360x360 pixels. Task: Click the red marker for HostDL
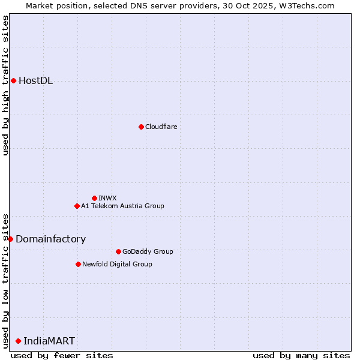[13, 81]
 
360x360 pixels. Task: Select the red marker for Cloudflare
[141, 127]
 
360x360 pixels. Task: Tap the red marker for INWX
[94, 198]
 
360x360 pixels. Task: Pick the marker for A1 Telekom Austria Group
[77, 206]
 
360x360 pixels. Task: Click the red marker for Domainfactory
[10, 239]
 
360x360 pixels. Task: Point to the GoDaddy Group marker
[118, 251]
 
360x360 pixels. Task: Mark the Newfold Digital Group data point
[78, 264]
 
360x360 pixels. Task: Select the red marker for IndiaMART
[18, 341]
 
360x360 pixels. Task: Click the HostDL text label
[36, 81]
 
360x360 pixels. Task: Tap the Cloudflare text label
[161, 127]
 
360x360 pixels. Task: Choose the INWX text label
[108, 198]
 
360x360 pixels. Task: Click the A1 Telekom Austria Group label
[123, 206]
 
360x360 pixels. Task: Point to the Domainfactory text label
[51, 239]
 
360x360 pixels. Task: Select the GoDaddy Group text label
[148, 251]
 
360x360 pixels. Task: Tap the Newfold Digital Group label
[118, 264]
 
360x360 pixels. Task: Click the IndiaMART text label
[49, 341]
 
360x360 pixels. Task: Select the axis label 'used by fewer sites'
[62, 355]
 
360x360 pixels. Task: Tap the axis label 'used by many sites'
[301, 355]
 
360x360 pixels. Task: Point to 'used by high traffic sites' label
[5, 85]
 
